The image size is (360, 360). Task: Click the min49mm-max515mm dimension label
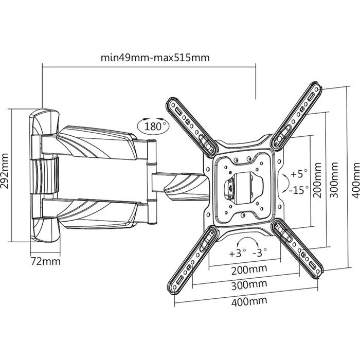(155, 58)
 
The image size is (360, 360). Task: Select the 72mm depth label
(45, 261)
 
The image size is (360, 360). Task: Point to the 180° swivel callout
(153, 125)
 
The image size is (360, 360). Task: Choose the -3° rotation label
(260, 253)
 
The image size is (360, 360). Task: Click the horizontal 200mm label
(249, 269)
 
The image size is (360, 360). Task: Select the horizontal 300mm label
(249, 285)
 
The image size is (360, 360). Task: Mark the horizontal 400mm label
(249, 301)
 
